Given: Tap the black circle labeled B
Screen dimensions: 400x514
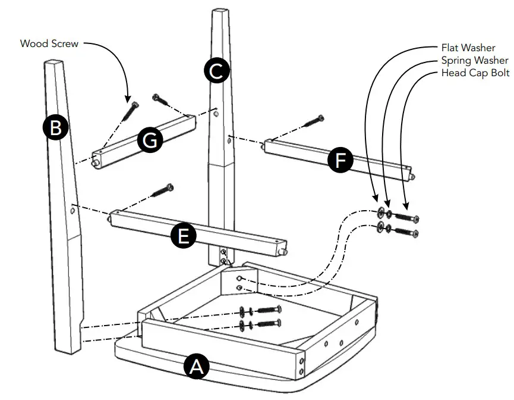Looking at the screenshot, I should (x=55, y=129).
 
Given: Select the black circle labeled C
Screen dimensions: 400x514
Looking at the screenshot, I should (x=216, y=71).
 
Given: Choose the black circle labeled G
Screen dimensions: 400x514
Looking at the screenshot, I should (x=149, y=140).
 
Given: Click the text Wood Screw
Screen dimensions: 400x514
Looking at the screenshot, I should (x=49, y=43).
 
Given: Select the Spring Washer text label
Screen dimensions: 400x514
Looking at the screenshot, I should (x=474, y=60).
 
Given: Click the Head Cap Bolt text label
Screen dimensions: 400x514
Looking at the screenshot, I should (x=475, y=73).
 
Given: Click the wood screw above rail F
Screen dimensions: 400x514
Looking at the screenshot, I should (x=314, y=121).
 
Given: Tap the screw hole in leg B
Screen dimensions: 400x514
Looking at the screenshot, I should (x=72, y=208).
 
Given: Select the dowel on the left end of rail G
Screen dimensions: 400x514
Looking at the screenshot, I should (x=96, y=162).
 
